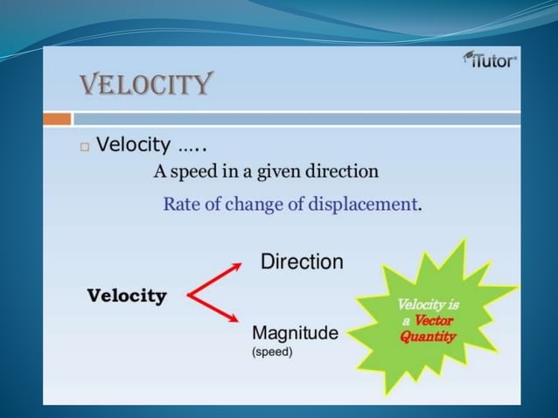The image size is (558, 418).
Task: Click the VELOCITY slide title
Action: point(145,85)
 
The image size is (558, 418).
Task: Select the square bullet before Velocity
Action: point(84,147)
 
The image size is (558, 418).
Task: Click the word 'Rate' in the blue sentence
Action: point(180,205)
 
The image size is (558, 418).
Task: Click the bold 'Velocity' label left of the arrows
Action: point(127,296)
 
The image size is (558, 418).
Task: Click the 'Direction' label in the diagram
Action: point(302,261)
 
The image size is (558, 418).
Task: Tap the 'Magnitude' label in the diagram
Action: point(295,332)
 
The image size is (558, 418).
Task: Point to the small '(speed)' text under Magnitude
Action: point(272,352)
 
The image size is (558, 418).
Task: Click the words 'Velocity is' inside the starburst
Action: point(428,305)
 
